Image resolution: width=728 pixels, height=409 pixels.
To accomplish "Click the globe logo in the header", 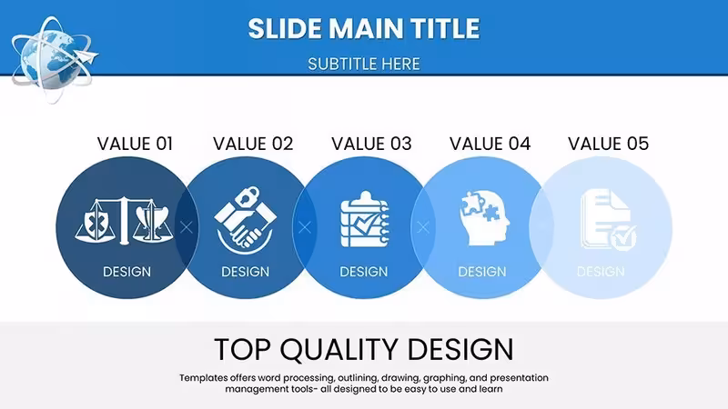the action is point(54,58).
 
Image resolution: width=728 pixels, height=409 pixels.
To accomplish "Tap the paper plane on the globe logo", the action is point(87,57).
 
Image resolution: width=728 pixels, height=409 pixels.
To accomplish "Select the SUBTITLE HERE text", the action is point(363,64).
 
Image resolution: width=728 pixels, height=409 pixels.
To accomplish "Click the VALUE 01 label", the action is point(135,144).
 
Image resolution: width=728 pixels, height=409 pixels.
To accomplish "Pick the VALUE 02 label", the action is point(253,144).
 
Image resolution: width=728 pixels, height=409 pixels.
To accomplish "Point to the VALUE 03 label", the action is point(371,144).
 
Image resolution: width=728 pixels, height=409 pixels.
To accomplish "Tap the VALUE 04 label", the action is point(490,144).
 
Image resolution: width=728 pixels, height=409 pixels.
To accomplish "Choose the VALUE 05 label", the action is point(608,144).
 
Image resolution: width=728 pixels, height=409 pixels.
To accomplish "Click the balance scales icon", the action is point(124,221).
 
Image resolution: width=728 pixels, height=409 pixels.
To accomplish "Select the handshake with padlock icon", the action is point(245,220).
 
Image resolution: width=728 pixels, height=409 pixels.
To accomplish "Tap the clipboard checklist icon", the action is point(365,219).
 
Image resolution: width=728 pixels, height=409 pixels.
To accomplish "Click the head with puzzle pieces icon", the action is point(484,218).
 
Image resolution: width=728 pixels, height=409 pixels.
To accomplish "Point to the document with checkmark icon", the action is point(608,220).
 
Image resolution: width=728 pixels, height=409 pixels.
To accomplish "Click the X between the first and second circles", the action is point(187,227).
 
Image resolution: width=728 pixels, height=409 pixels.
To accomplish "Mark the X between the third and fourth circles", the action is point(423,227).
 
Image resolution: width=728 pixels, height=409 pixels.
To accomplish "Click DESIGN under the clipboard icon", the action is point(363,272).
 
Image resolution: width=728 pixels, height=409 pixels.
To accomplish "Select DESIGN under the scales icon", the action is point(126,272).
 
